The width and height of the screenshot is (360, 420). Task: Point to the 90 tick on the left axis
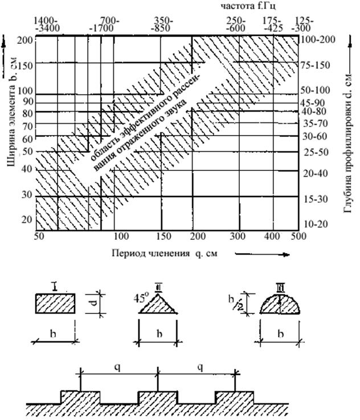point(26,102)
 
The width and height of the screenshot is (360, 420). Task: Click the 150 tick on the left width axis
point(24,66)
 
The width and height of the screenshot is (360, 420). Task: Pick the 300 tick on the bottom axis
point(237,235)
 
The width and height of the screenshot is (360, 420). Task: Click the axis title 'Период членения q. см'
point(165,252)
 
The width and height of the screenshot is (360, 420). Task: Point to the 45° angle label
point(138,297)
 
